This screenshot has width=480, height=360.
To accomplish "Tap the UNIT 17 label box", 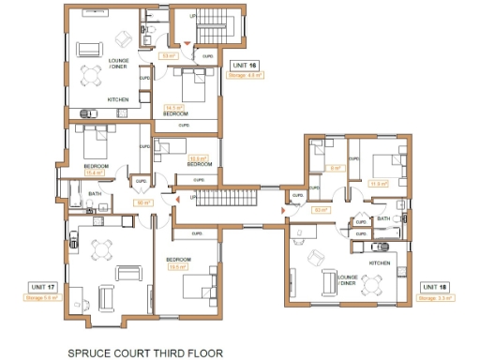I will (x=43, y=286).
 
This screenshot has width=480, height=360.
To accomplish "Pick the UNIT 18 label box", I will (x=435, y=286).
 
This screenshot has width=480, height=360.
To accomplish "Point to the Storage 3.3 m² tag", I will (x=435, y=297).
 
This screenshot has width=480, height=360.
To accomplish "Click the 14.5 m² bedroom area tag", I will (x=173, y=107).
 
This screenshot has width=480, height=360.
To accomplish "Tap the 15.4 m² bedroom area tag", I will (x=94, y=172).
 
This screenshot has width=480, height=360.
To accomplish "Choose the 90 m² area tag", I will (x=143, y=202).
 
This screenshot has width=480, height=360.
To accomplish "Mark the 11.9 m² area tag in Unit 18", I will (x=379, y=184).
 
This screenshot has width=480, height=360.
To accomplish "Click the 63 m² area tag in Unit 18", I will (x=321, y=210).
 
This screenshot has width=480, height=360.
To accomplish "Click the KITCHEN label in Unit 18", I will (x=379, y=263).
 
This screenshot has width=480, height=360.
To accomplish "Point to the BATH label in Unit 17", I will (x=95, y=194).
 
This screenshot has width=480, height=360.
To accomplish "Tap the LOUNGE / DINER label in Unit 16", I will (x=117, y=64).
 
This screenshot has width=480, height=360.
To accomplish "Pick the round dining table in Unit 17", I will (x=100, y=249).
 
